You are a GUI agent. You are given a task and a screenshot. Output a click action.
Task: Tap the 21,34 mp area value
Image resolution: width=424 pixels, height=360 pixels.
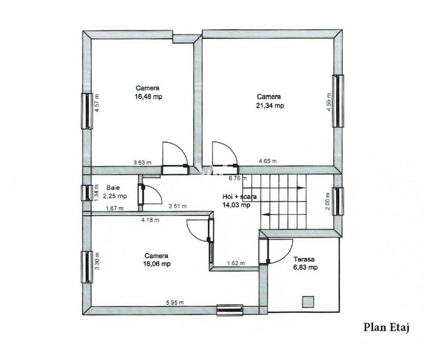coord(270,105)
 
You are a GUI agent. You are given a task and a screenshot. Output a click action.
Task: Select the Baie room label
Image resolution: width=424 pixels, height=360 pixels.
coord(111,188)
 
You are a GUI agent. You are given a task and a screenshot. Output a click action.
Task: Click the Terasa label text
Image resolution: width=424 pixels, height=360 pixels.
coord(305,259)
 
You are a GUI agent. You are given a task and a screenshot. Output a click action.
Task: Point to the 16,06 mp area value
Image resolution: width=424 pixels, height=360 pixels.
coord(157,264)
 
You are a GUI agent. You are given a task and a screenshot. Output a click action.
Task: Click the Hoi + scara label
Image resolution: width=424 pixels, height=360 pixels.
coord(239,197)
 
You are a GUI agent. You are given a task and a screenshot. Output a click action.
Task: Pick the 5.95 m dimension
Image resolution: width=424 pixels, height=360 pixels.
coord(175,302)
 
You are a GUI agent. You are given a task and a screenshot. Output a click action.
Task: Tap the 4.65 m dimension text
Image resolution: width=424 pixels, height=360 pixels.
coord(268,160)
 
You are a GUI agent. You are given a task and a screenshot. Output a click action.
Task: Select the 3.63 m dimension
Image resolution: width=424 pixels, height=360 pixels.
coord(143,162)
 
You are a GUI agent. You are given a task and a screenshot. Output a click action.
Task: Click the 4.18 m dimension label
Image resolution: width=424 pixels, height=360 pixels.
coord(150,220)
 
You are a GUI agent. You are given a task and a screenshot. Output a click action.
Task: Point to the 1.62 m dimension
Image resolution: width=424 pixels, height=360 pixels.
coord(236,263)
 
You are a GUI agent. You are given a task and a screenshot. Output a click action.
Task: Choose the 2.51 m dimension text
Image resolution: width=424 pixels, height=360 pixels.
coord(178,206)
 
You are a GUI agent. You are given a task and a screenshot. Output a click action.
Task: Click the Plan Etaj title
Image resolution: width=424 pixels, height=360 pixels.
coord(386,327)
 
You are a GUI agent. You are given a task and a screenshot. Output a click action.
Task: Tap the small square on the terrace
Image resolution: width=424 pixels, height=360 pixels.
coord(308,302)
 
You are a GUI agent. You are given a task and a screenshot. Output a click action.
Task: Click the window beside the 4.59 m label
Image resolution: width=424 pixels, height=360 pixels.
coord(338,101)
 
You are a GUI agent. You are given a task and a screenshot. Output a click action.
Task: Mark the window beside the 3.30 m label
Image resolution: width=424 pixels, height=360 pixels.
coord(87,267)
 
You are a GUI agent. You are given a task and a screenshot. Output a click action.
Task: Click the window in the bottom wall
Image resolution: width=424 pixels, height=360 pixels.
coord(230,310)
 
